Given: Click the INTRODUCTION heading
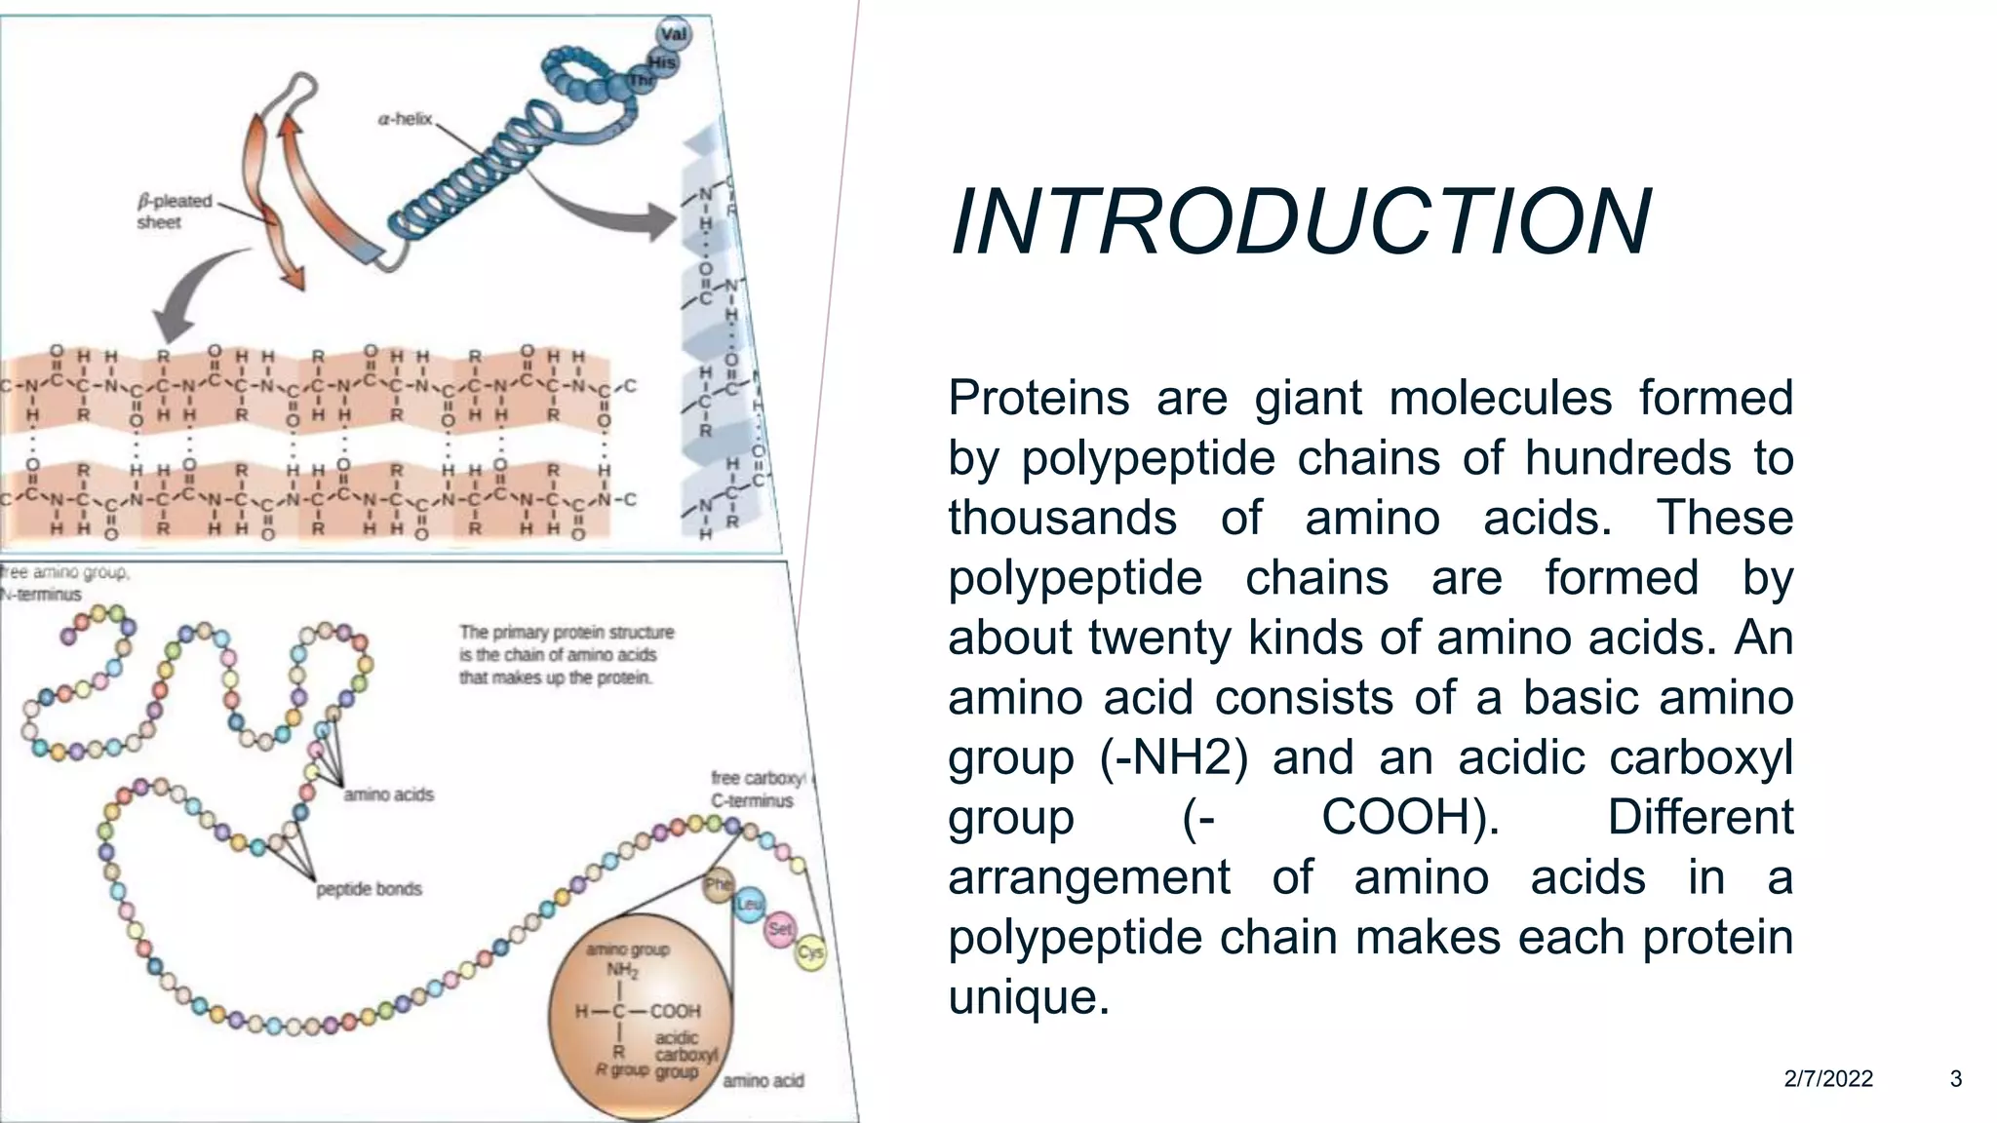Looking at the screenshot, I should click(1300, 223).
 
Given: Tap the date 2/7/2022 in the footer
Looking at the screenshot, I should click(1828, 1079).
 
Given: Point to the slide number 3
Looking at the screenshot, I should click(1955, 1079).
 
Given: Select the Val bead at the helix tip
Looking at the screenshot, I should click(674, 34).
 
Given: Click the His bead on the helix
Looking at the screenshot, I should click(662, 62).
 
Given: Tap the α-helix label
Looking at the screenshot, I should click(405, 119).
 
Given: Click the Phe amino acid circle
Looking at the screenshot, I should click(719, 884).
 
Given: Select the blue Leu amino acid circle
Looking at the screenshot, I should click(749, 905).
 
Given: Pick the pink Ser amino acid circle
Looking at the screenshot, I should click(780, 928).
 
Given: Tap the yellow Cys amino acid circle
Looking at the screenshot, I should click(810, 951).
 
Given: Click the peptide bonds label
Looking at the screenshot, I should click(369, 889).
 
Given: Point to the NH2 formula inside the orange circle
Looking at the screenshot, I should click(622, 970).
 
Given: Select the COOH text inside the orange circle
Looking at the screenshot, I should click(675, 1011).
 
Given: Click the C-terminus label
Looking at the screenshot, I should click(752, 801).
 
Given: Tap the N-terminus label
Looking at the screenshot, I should click(41, 595).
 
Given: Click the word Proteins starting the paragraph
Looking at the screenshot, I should click(1038, 398).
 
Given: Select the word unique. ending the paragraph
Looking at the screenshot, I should click(1029, 997).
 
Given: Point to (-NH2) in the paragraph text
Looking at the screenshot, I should click(1173, 758).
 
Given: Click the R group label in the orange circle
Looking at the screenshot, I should click(622, 1069).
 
